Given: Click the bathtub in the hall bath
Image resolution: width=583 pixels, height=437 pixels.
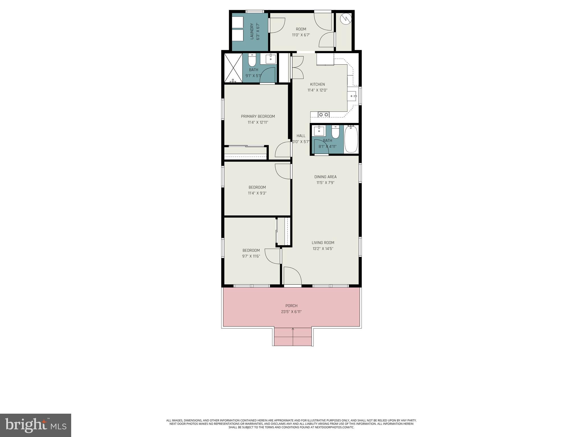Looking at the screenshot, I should [x=351, y=140].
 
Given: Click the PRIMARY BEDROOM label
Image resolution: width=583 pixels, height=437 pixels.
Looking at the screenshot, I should [x=258, y=116].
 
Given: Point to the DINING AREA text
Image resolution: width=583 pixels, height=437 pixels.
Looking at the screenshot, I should [x=325, y=177].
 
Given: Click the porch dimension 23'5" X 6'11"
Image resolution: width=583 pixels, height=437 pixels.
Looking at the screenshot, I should [x=291, y=312].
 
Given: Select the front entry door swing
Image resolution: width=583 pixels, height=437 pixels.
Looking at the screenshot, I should [x=292, y=276].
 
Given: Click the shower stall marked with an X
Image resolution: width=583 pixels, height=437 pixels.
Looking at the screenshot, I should [x=233, y=68].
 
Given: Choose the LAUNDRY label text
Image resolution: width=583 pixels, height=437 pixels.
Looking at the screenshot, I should [x=252, y=31].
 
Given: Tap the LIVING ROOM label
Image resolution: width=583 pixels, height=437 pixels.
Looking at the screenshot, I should [x=323, y=243].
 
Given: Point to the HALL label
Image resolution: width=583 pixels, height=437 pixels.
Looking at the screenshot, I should [x=301, y=136].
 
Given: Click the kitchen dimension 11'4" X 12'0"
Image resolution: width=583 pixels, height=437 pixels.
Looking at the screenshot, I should [x=317, y=90].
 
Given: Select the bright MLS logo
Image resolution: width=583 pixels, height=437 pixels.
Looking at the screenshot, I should [x=36, y=425].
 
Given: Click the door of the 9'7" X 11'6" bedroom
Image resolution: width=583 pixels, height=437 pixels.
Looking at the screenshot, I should [x=273, y=256].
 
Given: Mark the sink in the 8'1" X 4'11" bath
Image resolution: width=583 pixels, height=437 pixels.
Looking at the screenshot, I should [x=319, y=131].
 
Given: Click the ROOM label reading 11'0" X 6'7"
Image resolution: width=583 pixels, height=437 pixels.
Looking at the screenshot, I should [x=301, y=29].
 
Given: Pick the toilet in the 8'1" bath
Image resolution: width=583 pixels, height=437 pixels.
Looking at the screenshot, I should [x=336, y=132].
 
